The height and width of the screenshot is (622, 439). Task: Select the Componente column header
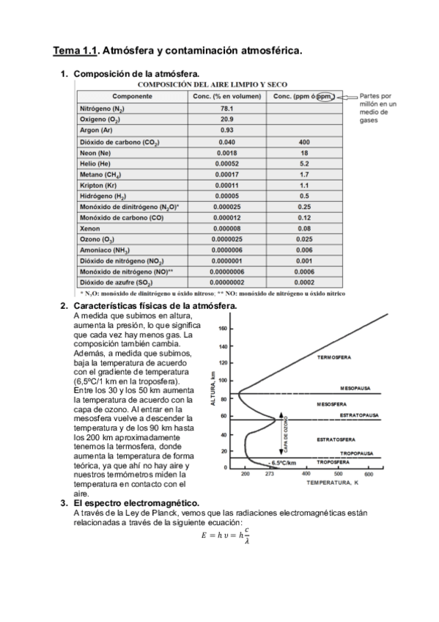(132, 96)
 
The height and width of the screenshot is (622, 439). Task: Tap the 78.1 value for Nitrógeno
(227, 108)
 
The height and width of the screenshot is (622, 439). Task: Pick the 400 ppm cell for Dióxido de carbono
(304, 142)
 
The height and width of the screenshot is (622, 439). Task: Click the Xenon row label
(89, 229)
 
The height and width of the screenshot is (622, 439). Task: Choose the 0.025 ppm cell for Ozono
(304, 240)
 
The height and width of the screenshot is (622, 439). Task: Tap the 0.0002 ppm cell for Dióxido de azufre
(304, 282)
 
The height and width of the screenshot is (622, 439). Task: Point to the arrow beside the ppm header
(350, 96)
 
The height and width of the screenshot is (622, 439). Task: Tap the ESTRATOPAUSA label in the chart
(359, 415)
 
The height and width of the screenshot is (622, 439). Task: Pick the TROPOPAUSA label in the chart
(362, 454)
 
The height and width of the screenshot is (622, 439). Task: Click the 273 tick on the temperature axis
(269, 475)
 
